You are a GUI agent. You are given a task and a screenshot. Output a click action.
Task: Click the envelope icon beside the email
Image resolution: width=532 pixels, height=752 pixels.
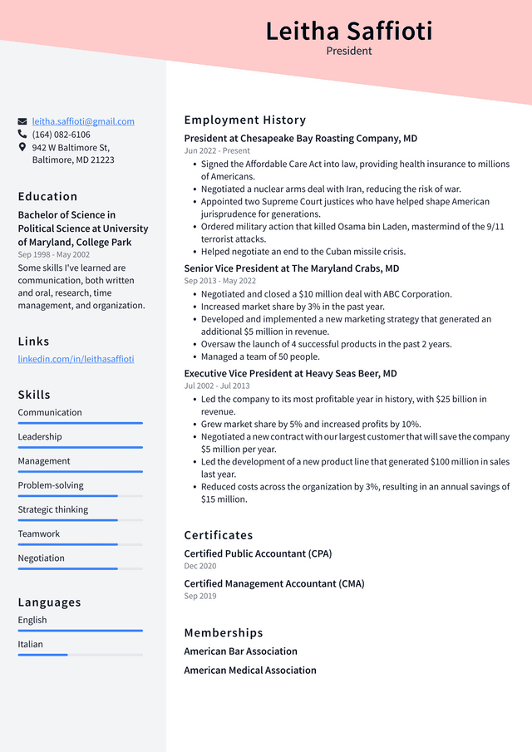coord(22,121)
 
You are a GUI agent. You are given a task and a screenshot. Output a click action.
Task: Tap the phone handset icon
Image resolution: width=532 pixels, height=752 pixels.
coord(22,134)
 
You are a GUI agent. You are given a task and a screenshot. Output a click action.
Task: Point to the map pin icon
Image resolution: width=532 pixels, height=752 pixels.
coord(22,147)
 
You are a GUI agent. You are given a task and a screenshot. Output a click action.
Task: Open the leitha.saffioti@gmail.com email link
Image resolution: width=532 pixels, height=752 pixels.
coord(83,121)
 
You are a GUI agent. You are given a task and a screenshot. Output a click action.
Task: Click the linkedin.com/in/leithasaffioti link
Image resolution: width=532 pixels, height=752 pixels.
coord(76,359)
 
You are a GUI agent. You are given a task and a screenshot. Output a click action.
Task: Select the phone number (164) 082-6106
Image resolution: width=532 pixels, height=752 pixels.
coord(62,135)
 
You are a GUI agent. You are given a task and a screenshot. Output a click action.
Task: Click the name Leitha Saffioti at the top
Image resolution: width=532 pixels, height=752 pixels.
coord(349,32)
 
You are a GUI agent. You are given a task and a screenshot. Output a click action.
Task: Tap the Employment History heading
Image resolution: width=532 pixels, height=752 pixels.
coord(245,120)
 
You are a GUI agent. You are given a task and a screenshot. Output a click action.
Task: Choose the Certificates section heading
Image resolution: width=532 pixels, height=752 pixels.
coord(219,535)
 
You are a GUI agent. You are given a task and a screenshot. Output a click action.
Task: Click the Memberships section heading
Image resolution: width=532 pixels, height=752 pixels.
coord(224,632)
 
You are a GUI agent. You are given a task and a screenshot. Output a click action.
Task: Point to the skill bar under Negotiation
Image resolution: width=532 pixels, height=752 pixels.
coord(80,568)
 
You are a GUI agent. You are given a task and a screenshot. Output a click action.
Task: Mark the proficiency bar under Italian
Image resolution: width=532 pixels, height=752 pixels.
coord(80,655)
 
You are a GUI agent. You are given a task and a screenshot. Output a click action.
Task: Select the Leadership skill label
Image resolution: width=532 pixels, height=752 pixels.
coord(40,436)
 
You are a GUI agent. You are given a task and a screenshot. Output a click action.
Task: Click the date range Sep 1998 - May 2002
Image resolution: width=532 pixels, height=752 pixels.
coord(54,254)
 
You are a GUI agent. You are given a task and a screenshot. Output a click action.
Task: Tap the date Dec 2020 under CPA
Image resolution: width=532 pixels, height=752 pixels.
coord(199,566)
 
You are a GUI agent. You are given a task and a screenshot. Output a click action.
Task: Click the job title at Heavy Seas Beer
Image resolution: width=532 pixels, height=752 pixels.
coord(290,374)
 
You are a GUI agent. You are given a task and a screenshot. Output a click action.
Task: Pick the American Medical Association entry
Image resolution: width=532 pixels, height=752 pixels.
coord(250,670)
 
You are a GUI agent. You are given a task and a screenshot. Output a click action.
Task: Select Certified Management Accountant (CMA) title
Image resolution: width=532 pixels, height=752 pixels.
coord(274,583)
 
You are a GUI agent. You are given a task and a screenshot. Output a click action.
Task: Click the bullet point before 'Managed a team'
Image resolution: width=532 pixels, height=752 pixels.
coord(194,357)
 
